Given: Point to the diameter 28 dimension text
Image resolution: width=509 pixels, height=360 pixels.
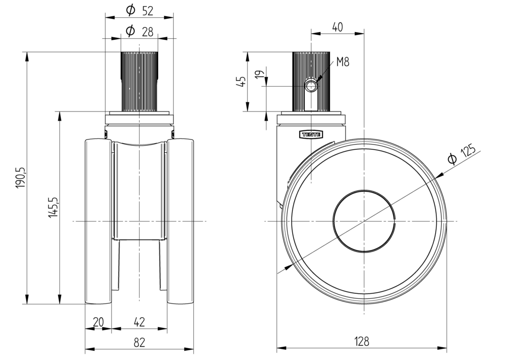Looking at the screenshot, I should [139, 31].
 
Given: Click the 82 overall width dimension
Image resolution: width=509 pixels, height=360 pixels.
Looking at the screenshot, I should [139, 342].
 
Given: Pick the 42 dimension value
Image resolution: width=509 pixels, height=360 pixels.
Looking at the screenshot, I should [139, 322].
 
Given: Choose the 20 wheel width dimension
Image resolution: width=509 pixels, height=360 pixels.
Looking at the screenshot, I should [98, 322].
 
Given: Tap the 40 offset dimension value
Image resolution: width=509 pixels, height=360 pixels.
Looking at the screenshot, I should [337, 27].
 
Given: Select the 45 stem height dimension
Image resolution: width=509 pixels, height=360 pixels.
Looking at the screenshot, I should [241, 81].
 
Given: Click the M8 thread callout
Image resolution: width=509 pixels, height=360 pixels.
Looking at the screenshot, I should [343, 63].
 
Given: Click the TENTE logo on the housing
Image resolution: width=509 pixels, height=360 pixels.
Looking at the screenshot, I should [311, 134].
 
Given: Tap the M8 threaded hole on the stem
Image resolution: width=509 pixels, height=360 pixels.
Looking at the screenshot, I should [312, 85].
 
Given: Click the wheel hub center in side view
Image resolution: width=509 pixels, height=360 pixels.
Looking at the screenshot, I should [364, 221].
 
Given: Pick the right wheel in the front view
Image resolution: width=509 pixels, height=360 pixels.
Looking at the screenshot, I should [180, 221].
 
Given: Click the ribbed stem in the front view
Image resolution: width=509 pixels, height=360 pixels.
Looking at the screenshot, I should [139, 81].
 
